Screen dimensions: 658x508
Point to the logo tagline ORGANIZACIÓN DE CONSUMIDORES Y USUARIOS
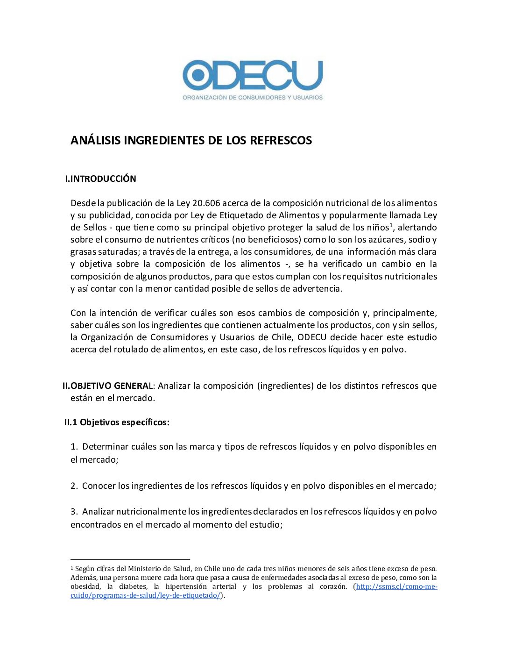[x=253, y=98]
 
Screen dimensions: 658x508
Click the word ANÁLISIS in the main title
[x=95, y=140]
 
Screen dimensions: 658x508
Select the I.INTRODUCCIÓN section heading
[x=101, y=179]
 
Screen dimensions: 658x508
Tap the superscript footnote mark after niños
[x=391, y=225]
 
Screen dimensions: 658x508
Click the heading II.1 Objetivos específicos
[x=117, y=422]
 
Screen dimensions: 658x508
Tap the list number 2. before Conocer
[x=74, y=486]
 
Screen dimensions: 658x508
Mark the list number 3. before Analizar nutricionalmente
[x=74, y=511]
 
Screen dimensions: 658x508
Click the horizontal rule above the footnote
[x=130, y=559]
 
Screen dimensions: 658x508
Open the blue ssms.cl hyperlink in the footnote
[x=396, y=586]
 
